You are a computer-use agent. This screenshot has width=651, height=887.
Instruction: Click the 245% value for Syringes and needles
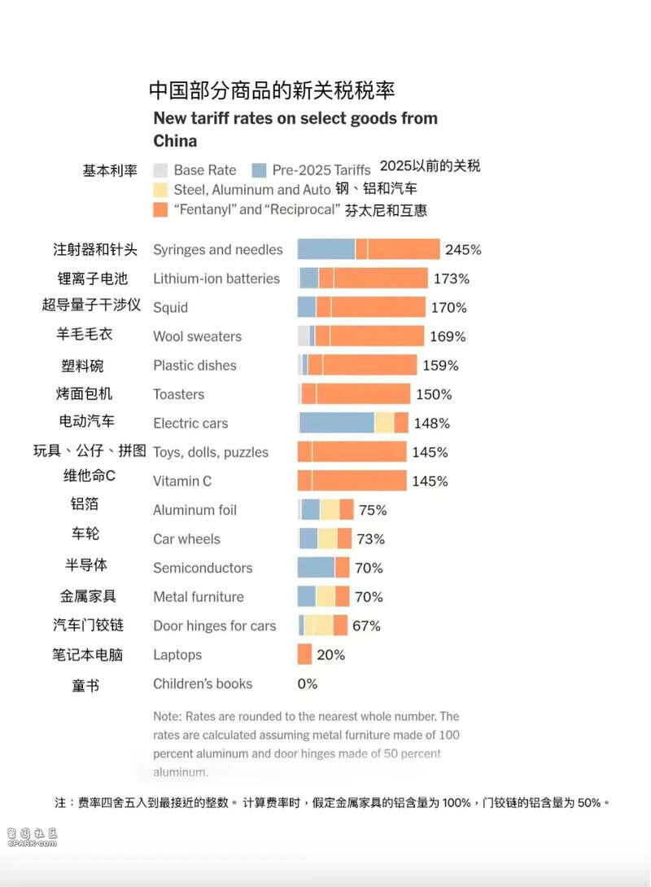coord(463,250)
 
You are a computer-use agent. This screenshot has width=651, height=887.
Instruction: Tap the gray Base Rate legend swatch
coord(160,170)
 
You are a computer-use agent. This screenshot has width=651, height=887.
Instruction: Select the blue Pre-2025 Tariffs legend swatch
coord(259,170)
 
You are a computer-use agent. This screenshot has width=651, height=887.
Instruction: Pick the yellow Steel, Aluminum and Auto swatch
coord(160,190)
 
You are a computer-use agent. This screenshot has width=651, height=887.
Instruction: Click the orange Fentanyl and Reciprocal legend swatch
coord(160,209)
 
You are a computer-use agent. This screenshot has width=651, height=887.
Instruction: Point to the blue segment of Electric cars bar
coord(337,423)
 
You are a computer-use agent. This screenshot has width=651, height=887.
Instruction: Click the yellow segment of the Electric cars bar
coord(384,423)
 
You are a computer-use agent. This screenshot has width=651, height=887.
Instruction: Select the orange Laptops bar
coord(304,654)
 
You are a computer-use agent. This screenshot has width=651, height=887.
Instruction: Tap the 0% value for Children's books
coord(308,683)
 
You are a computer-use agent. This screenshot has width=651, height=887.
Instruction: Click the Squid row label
coord(170,307)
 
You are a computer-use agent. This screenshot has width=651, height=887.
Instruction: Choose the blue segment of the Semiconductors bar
coord(316,568)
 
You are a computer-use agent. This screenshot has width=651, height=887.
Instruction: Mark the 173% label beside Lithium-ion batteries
coord(452,279)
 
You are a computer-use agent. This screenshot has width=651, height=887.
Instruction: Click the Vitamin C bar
coord(352,481)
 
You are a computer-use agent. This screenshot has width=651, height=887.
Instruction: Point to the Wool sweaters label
coord(197,336)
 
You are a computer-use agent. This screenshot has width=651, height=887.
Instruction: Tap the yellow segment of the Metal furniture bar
coord(325,596)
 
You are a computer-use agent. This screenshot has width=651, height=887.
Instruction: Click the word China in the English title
coord(175,140)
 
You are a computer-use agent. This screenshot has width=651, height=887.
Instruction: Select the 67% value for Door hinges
coord(366,626)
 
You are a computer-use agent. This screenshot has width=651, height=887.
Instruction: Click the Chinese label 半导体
coord(85,564)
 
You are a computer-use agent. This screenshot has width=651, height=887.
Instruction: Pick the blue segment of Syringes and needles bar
coord(325,249)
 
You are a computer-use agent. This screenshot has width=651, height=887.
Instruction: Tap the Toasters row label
coord(178,394)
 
